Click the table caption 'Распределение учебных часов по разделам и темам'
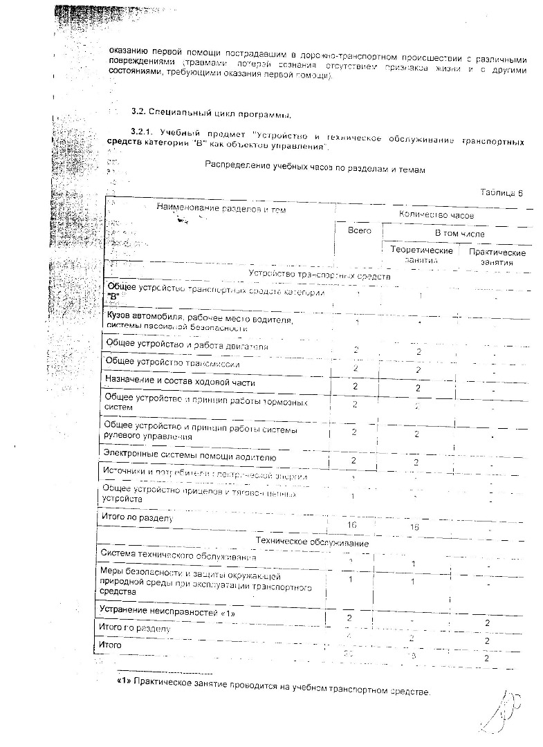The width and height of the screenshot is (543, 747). pos(315,168)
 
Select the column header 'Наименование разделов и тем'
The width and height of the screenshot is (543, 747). pos(221,208)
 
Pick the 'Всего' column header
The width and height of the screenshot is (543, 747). pos(360,230)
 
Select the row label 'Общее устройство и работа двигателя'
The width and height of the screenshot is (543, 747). pos(186,344)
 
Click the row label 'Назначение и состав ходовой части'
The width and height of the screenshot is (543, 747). pos(179,382)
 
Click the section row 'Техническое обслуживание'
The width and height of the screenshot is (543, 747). pos(312,542)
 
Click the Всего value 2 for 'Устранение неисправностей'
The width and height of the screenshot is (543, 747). pos(350,616)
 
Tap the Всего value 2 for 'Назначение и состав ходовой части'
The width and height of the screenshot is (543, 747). pos(355,386)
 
